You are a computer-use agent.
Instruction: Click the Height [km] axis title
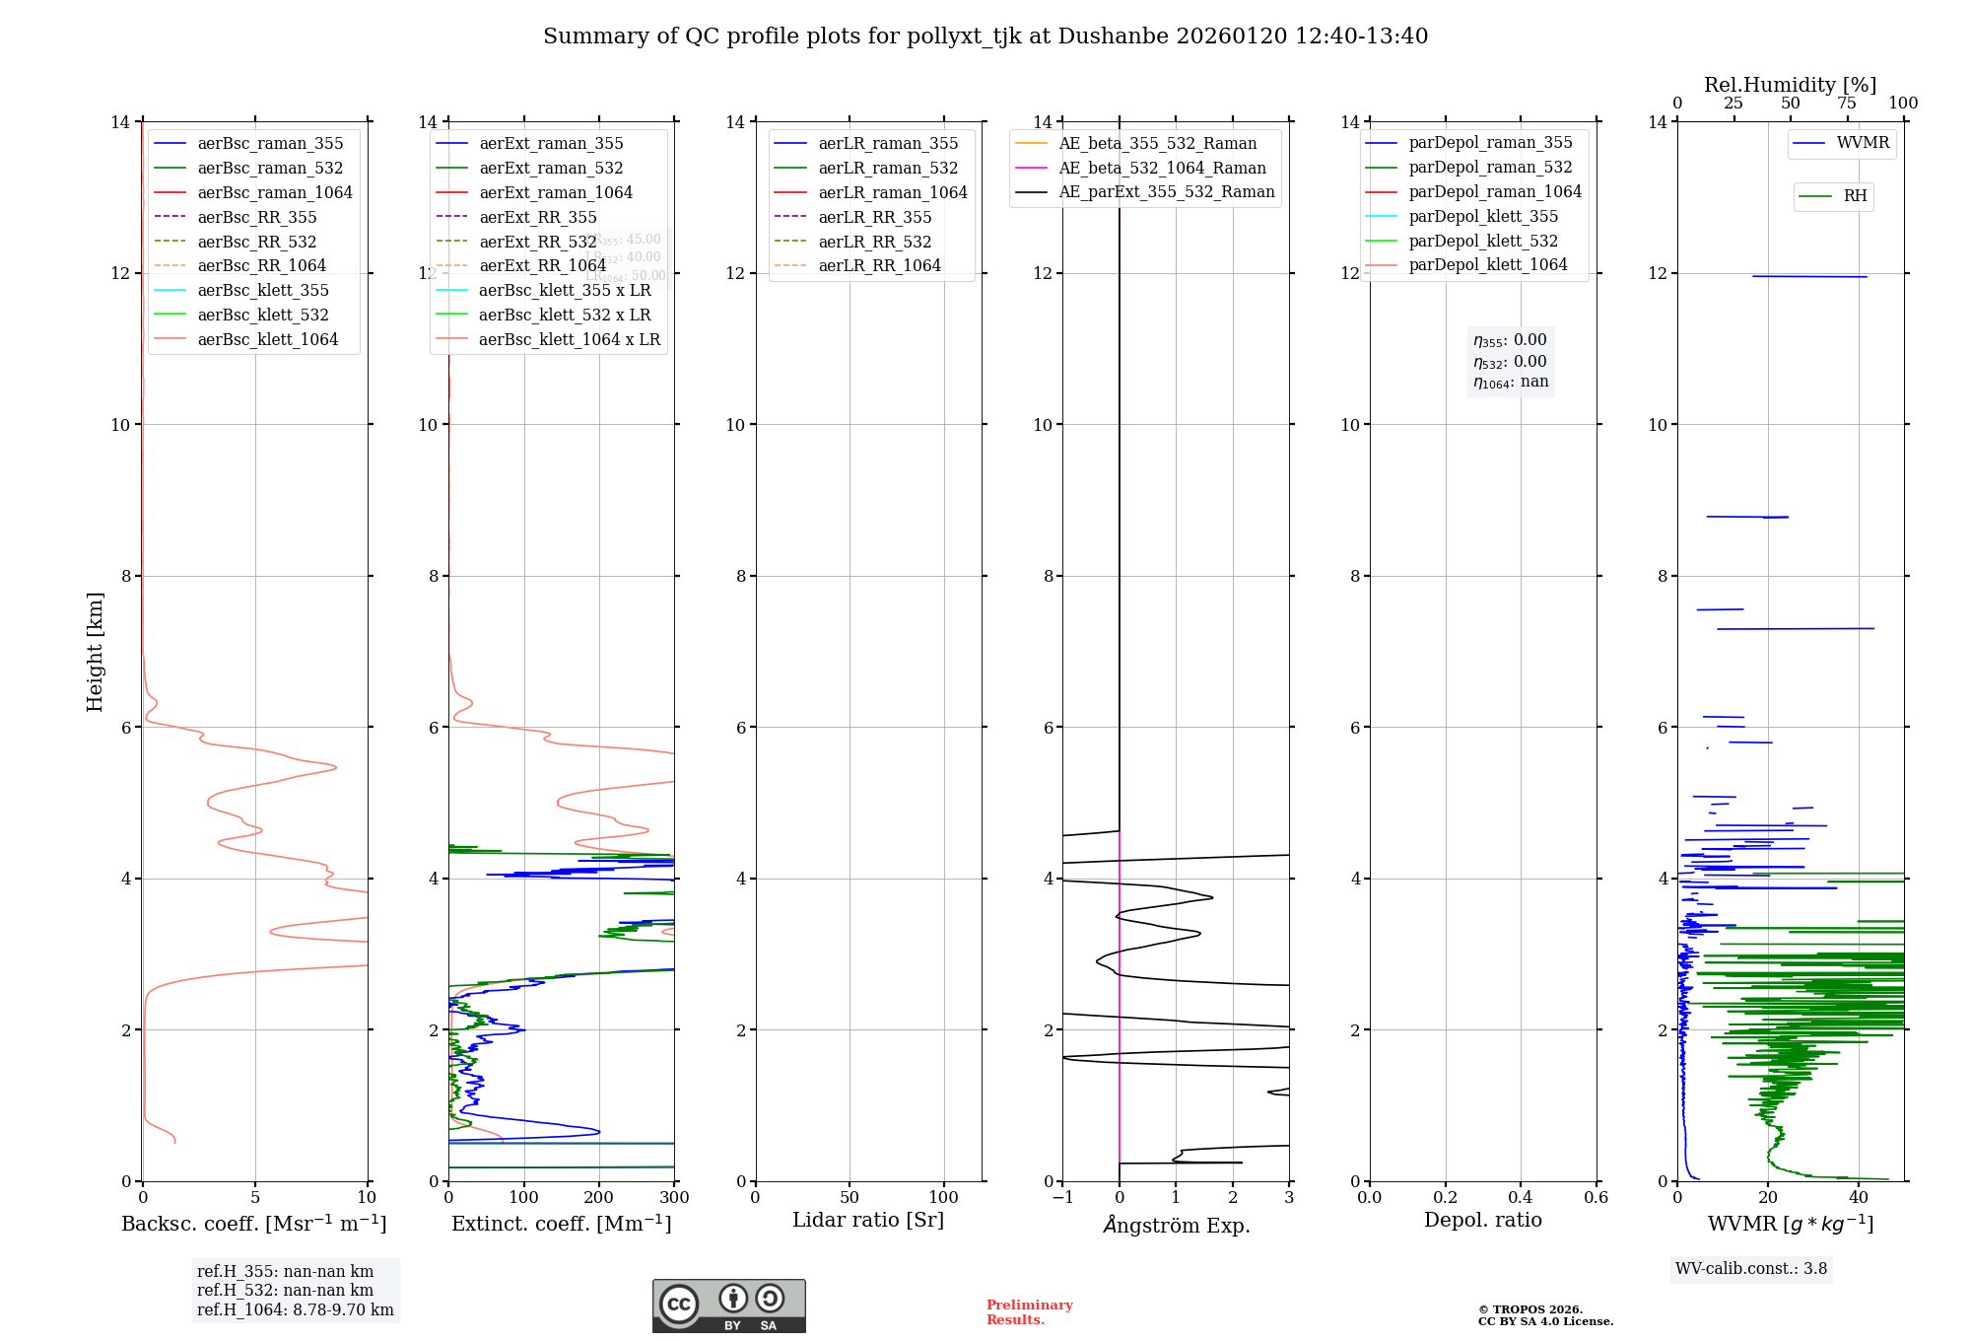95,651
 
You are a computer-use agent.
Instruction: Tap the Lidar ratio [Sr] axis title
868,1220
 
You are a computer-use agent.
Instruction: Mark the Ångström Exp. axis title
1176,1225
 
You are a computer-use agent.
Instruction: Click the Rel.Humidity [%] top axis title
1790,85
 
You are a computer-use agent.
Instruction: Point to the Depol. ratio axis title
1482,1220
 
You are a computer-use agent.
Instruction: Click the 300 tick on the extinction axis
674,1198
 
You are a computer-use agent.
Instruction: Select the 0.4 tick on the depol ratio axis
1521,1198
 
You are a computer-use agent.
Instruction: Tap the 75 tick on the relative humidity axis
1846,104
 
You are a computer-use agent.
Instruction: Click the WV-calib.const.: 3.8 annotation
1750,1269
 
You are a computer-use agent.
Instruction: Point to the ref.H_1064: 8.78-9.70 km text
295,1310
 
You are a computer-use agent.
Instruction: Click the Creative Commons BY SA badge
728,1306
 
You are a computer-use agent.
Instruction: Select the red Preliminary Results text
1029,1312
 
